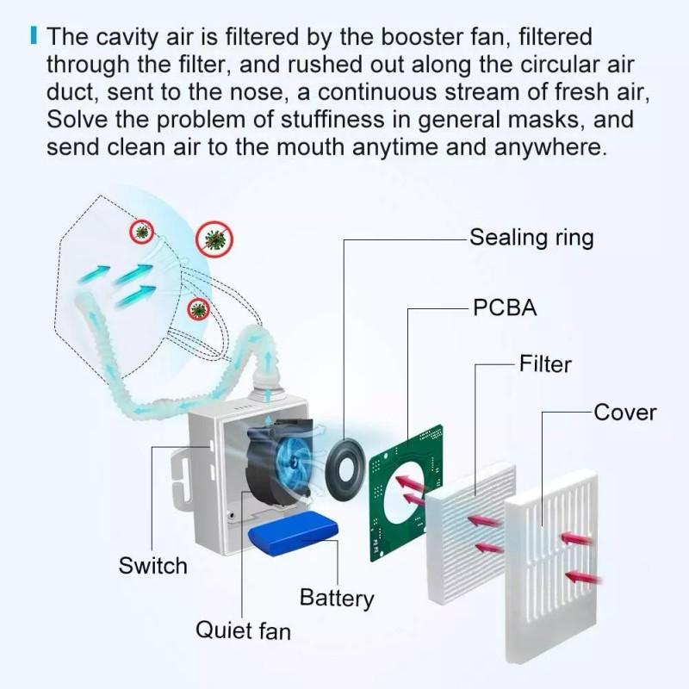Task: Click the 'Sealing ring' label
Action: [531, 238]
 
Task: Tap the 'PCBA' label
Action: [505, 307]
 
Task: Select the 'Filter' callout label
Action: [545, 363]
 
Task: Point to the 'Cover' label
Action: [625, 412]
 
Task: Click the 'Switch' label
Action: [152, 566]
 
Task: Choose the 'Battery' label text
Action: [337, 597]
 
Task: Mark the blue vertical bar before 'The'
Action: [34, 38]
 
